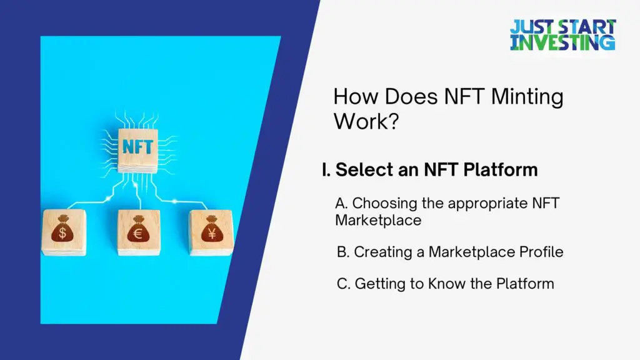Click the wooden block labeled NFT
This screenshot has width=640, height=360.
[x=137, y=151]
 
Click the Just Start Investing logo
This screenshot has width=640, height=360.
[x=563, y=35]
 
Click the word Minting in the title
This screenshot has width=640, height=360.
[x=527, y=97]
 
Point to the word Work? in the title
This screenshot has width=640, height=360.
[x=366, y=121]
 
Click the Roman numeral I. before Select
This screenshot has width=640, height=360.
[x=326, y=170]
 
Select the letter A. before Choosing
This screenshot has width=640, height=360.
[x=341, y=203]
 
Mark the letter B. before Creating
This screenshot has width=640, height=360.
[x=343, y=252]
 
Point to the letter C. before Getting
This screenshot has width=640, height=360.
[x=343, y=284]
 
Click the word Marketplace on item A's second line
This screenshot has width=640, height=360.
[x=378, y=221]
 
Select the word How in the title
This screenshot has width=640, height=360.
[x=356, y=97]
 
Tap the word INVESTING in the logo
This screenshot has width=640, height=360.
[x=563, y=42]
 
